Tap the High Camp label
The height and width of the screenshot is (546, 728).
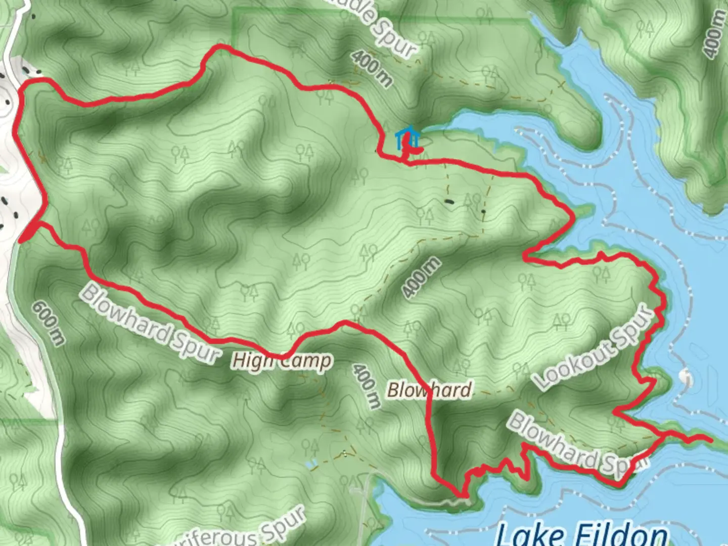click(x=282, y=361)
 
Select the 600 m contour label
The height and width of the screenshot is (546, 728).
click(x=49, y=323)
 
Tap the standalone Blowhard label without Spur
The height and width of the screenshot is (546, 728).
click(x=429, y=390)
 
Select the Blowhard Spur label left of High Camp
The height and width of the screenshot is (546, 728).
click(x=150, y=324)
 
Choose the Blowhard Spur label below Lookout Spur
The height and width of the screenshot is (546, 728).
click(x=577, y=445)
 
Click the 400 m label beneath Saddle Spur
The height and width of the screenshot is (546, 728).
click(x=372, y=69)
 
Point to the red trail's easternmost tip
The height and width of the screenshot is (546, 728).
click(x=712, y=440)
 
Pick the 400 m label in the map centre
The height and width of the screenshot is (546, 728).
click(x=421, y=277)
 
